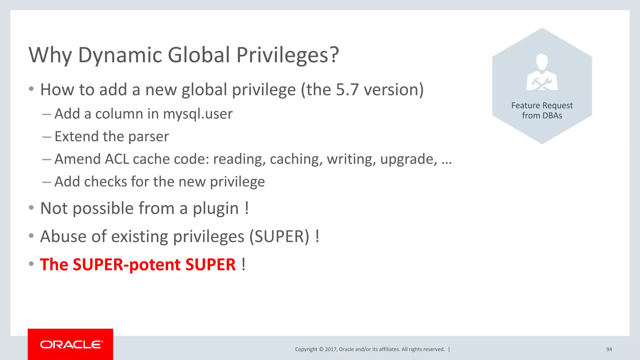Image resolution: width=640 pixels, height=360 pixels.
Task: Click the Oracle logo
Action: point(71,344)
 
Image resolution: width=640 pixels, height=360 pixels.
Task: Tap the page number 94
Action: point(609,349)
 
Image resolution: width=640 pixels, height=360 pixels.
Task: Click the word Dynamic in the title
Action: point(120,55)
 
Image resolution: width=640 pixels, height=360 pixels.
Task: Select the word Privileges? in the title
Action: point(287,55)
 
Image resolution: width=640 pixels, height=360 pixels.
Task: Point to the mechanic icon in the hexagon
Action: point(542,72)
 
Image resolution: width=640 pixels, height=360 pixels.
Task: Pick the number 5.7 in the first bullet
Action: point(347,90)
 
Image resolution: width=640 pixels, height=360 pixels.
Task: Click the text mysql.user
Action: point(198,114)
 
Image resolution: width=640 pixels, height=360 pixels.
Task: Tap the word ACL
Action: point(117,159)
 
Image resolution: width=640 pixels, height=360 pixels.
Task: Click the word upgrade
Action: point(408,159)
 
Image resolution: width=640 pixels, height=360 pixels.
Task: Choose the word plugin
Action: point(216,208)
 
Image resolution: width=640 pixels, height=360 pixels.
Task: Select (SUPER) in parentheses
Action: point(279,236)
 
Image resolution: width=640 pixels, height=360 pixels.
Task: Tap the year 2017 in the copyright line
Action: point(331,349)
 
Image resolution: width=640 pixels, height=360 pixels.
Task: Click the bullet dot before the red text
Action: point(31,264)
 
